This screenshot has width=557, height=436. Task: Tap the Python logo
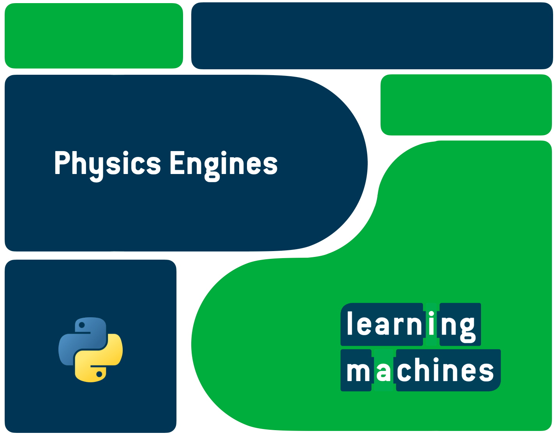tap(90, 350)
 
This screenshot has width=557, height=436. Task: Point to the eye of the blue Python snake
tap(82, 325)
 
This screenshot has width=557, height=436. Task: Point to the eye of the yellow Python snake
tap(99, 374)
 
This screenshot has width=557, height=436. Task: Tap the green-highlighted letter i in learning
tap(432, 323)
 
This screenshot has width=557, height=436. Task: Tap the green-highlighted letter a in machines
tap(383, 373)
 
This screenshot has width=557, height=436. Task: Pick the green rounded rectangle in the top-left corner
tap(94, 36)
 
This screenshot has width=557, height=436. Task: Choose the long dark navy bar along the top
tap(372, 36)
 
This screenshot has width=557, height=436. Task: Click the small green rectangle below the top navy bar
tap(466, 105)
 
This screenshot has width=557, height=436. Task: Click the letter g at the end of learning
tap(468, 330)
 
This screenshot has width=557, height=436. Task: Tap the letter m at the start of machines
tap(358, 373)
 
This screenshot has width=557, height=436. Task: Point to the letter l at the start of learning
tap(350, 323)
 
